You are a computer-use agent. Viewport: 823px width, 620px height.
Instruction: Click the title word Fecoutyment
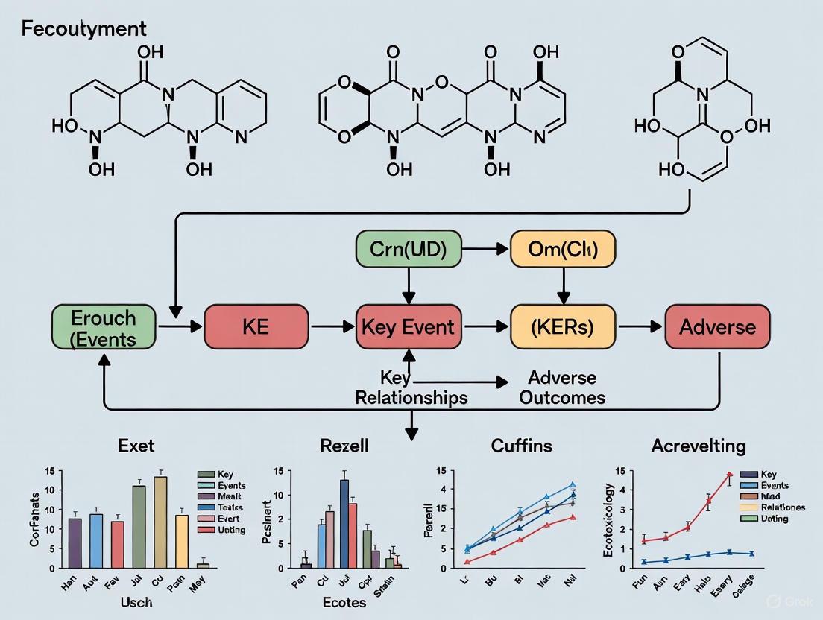[84, 29]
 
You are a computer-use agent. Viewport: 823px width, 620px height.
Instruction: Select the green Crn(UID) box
[408, 250]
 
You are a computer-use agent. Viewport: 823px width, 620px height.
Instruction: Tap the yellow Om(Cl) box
[563, 250]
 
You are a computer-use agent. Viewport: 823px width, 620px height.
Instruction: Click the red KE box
[256, 326]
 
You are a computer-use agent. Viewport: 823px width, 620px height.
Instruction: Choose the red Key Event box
[408, 326]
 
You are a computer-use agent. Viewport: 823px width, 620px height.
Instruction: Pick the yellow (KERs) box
[563, 326]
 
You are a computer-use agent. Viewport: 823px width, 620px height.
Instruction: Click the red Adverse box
[716, 326]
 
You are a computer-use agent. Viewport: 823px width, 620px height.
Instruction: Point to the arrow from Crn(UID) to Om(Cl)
[485, 250]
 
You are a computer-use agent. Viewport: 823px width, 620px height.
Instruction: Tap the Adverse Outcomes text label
[562, 387]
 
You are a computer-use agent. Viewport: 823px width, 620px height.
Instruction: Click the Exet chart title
[136, 446]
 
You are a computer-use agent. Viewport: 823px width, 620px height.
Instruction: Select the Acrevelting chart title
[698, 446]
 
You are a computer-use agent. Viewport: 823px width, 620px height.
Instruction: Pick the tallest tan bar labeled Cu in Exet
[160, 522]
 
